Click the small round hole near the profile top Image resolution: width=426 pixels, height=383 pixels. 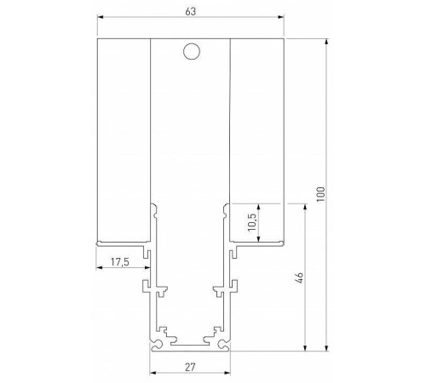click(x=192, y=53)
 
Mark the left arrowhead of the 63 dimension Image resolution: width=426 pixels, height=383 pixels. click(x=99, y=18)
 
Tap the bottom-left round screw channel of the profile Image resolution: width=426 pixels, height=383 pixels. click(x=156, y=344)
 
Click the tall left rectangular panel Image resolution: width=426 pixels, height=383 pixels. click(x=124, y=140)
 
